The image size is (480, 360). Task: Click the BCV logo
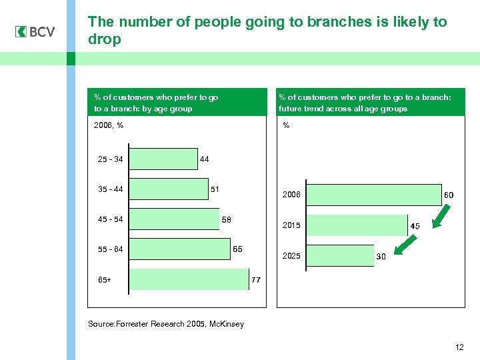[x=35, y=31]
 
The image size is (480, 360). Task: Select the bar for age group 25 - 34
[x=163, y=159]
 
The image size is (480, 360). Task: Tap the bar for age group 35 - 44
[x=168, y=189]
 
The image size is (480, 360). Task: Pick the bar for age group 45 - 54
[x=174, y=219]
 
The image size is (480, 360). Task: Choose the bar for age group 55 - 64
[x=179, y=249]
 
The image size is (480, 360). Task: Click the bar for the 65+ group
[x=189, y=279]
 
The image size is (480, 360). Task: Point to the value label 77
[x=255, y=280]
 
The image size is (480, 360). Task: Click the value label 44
[x=204, y=159]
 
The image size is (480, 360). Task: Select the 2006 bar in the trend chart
[x=373, y=195]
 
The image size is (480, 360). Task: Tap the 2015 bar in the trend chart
[x=357, y=225]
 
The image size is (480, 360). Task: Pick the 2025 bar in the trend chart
[x=339, y=256]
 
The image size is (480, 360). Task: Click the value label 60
[x=449, y=195]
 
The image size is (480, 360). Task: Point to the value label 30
[x=382, y=257]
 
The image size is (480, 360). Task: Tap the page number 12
[x=459, y=347]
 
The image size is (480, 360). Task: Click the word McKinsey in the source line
[x=226, y=324]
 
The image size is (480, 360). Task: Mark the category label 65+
[x=105, y=280]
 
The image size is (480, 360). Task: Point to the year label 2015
[x=291, y=226]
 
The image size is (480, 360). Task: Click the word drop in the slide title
[x=105, y=39]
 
